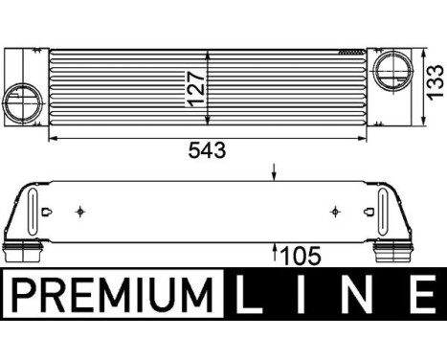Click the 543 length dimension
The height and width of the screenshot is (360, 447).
[209, 151]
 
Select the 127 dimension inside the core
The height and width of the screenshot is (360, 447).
[195, 87]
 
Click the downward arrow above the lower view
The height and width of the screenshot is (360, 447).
[275, 174]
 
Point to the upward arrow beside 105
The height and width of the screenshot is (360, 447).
[275, 253]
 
